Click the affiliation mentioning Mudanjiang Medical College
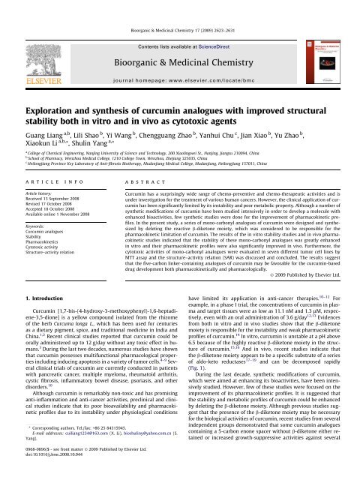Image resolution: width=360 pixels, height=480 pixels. point(142,152)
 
